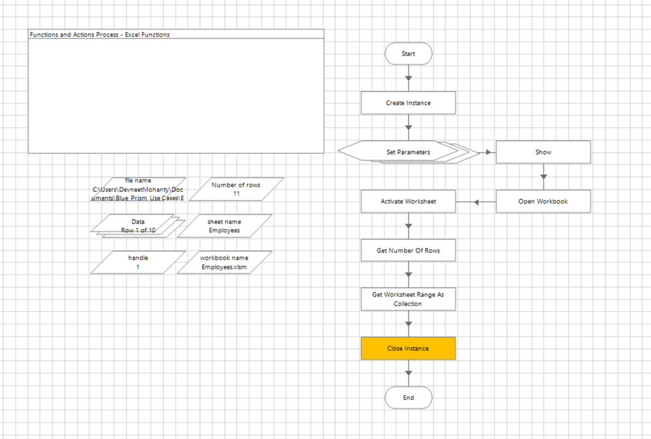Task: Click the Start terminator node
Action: click(x=409, y=53)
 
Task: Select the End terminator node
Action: click(x=409, y=397)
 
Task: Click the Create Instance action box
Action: click(x=409, y=103)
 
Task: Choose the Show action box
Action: click(x=543, y=152)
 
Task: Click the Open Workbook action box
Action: click(x=543, y=202)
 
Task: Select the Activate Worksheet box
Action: click(x=409, y=202)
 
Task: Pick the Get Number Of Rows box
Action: click(x=409, y=250)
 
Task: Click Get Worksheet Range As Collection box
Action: click(x=409, y=299)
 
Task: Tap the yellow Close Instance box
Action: click(x=409, y=348)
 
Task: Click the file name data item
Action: click(x=138, y=189)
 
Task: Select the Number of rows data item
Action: click(x=236, y=189)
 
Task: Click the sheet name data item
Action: click(x=224, y=226)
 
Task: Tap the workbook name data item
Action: click(x=224, y=262)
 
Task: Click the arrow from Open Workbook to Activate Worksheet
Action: click(x=476, y=202)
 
